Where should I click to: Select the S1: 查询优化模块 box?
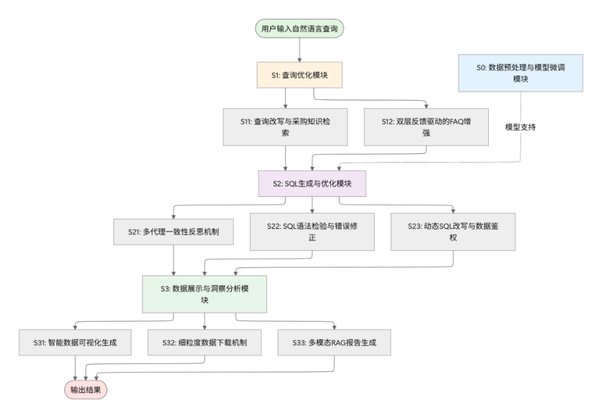[x=300, y=74]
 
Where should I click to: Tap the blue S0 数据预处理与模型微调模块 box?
[x=520, y=72]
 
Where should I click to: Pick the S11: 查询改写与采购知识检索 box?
[x=286, y=126]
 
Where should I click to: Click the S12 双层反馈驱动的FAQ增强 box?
[x=426, y=126]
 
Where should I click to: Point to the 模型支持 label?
[x=520, y=127]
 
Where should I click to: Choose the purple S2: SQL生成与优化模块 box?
[x=312, y=183]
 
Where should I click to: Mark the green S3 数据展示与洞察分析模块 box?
[x=205, y=293]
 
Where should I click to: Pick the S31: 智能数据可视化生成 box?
[x=75, y=342]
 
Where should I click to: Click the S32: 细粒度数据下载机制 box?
[x=205, y=342]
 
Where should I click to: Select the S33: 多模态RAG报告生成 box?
[x=334, y=342]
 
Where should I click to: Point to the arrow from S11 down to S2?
[x=286, y=157]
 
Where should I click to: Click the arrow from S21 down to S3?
[x=174, y=259]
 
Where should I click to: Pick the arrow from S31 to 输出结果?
[x=75, y=367]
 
